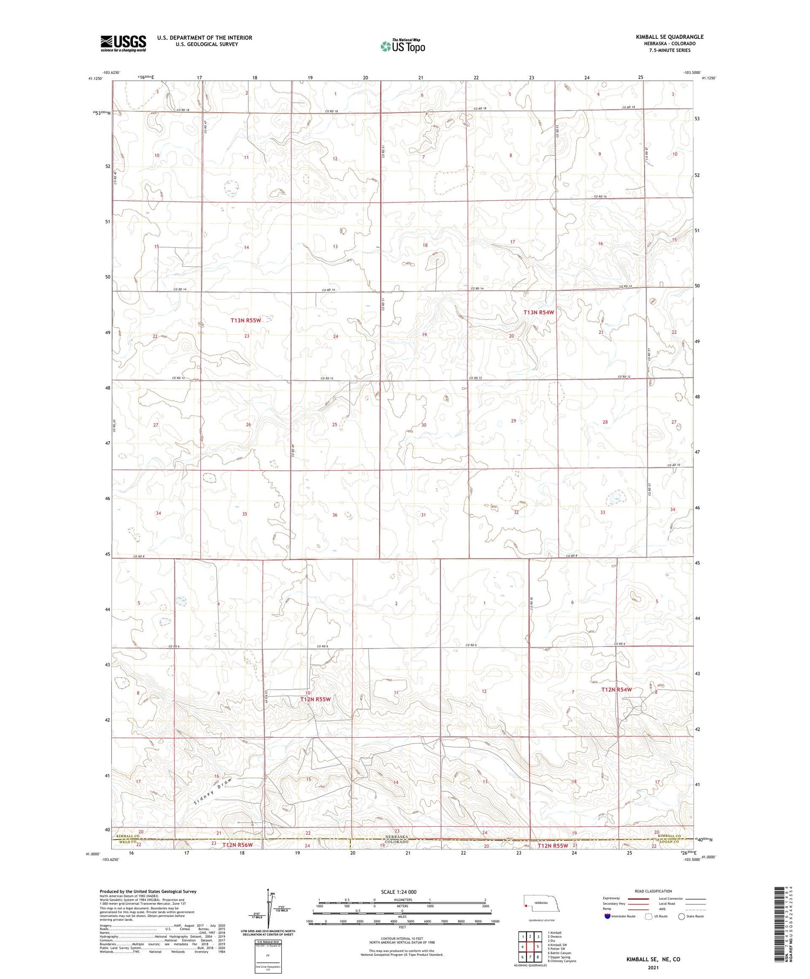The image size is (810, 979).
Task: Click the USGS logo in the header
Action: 123,43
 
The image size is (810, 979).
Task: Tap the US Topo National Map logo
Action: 402,46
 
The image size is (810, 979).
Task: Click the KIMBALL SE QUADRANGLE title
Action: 669,37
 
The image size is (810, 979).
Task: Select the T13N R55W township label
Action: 246,320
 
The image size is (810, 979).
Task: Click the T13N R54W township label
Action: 538,313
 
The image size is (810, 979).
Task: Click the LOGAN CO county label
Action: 670,840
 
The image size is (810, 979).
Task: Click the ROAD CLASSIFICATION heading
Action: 653,892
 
